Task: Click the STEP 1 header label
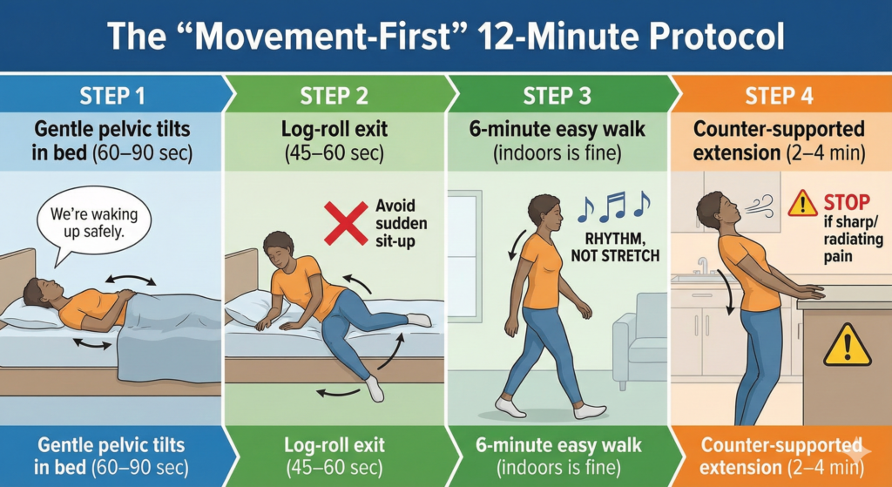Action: coord(111,95)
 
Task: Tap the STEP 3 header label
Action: coord(557,95)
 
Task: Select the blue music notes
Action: coord(614,206)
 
